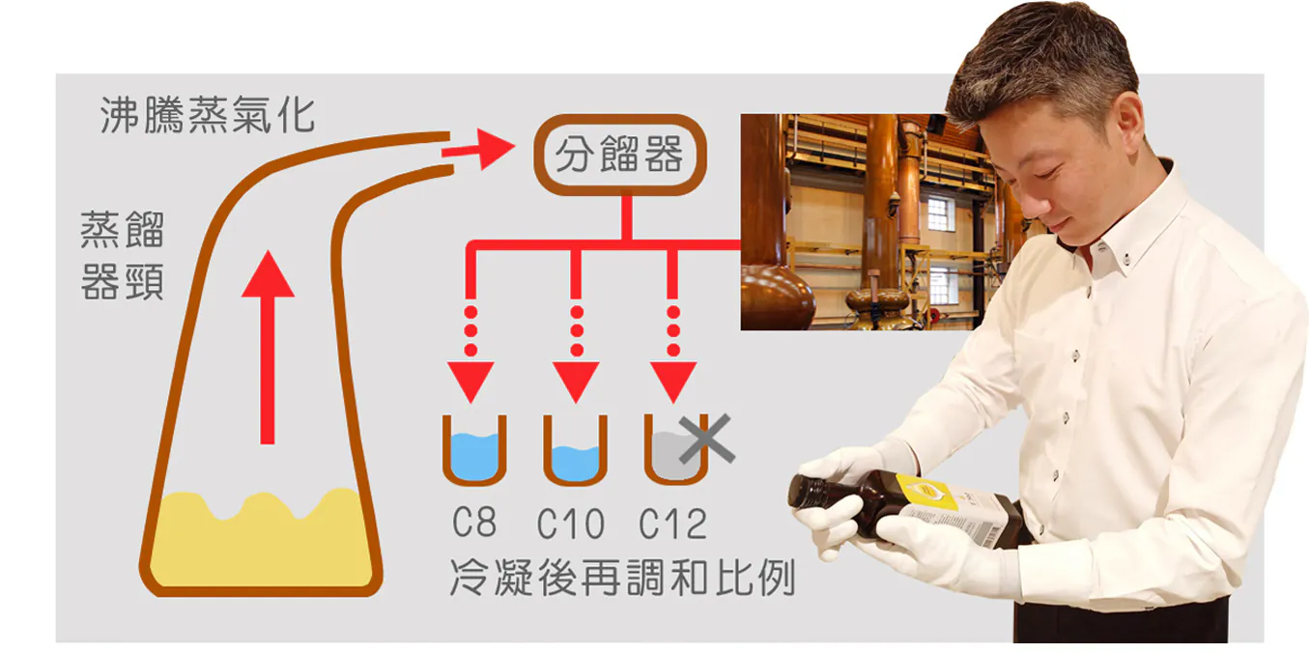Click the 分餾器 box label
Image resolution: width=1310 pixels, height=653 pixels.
tap(619, 155)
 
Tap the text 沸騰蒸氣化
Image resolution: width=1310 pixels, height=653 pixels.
tap(208, 115)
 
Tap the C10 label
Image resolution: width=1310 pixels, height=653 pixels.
tap(571, 525)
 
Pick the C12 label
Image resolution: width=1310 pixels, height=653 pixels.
tap(673, 525)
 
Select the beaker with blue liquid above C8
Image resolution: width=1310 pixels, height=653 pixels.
tap(474, 451)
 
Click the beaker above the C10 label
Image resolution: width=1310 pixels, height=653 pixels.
tap(575, 451)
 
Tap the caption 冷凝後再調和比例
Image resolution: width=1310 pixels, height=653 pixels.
tap(622, 577)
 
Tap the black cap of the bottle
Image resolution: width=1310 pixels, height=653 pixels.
tap(805, 491)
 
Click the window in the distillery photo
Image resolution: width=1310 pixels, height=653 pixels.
tap(940, 213)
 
